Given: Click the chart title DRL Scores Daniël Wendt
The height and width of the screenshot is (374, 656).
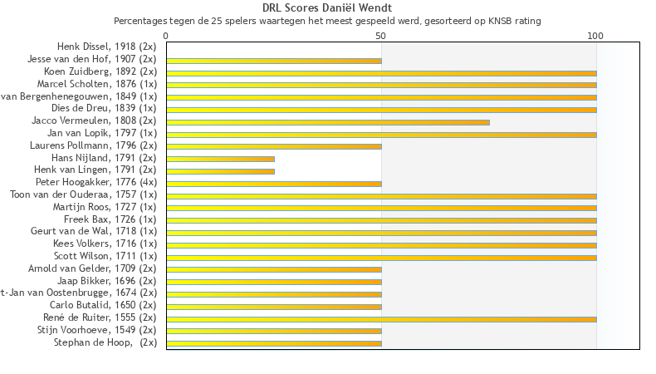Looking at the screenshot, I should [x=327, y=8].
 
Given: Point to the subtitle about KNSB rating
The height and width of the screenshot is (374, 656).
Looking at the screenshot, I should [x=327, y=20].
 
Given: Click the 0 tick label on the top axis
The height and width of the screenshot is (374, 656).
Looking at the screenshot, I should [x=166, y=36].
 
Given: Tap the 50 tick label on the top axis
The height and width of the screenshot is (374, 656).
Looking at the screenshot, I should [x=381, y=36].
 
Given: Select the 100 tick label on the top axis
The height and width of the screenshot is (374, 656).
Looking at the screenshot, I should [x=595, y=36].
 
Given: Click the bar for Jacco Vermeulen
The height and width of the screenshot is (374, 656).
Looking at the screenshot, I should [x=328, y=122].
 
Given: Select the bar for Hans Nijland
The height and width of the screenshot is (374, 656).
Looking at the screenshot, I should [x=220, y=159].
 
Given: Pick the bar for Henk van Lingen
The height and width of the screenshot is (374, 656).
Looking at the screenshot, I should [x=220, y=171].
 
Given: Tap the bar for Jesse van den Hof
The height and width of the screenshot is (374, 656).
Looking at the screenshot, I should [x=274, y=61].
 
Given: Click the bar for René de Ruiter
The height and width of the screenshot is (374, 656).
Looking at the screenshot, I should [x=381, y=319].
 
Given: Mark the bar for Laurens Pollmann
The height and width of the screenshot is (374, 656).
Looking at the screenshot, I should [x=274, y=146].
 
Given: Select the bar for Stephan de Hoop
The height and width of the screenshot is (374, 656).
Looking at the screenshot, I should [x=274, y=343].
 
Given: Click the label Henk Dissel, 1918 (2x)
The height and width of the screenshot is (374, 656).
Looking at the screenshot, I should [x=106, y=47].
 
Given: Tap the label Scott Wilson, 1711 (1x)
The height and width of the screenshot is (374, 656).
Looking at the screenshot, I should [x=105, y=256].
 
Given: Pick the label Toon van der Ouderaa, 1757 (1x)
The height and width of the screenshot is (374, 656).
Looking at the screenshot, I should [x=83, y=194].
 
